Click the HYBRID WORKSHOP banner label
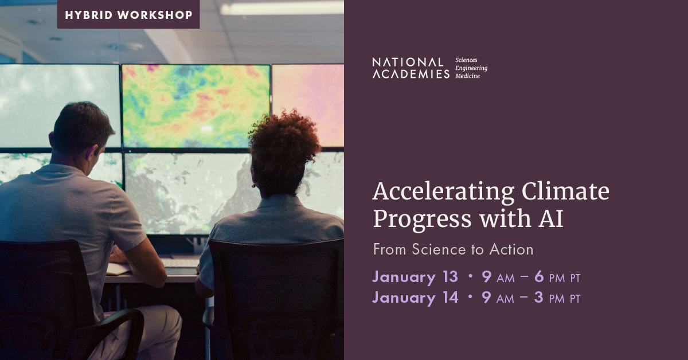pos(128,15)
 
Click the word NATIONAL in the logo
pos(408,62)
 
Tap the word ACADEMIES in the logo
pos(411,74)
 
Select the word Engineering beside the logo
pos(471,68)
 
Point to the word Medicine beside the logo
pos(467,76)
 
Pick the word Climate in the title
pos(565,191)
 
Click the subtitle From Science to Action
pos(453,249)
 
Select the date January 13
pos(415,277)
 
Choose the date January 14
pos(415,298)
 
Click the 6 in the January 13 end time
pos(539,276)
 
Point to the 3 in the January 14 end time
pos(539,298)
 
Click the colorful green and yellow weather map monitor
pos(196,106)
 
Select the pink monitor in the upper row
pos(308,105)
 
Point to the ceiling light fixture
pos(282,7)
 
